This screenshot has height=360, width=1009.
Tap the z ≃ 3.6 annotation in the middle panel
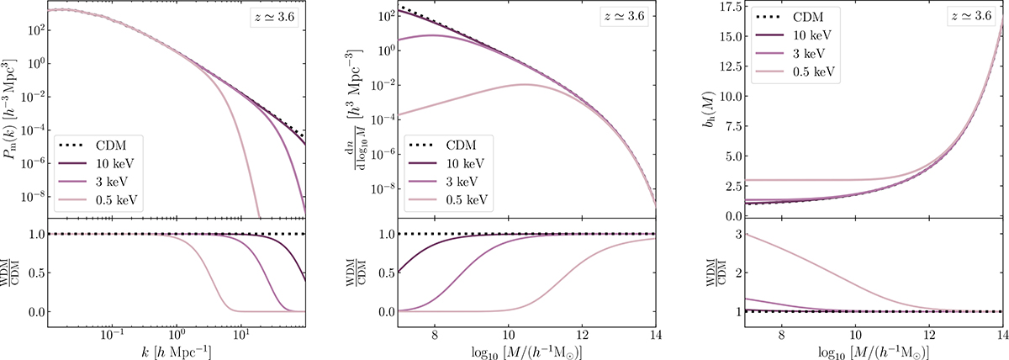(x=624, y=17)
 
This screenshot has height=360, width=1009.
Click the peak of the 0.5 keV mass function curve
(x=525, y=84)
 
